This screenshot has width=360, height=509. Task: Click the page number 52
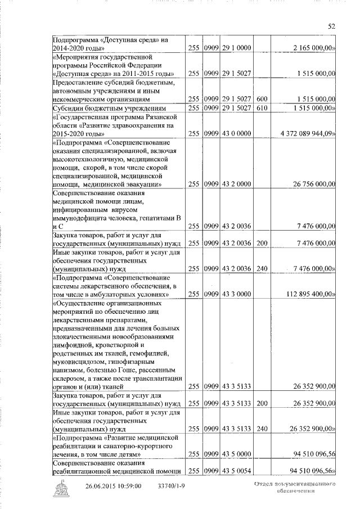tap(331, 25)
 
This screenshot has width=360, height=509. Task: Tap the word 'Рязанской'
tap(157, 116)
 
